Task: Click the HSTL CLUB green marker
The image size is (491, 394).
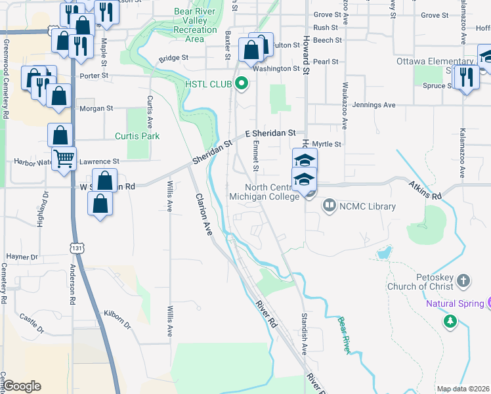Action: click(x=242, y=83)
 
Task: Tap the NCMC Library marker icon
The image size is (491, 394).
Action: click(x=329, y=206)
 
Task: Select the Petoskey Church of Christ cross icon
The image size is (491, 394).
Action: click(x=463, y=281)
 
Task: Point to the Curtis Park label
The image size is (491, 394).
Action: click(x=137, y=136)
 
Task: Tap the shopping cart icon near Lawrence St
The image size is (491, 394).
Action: click(x=64, y=158)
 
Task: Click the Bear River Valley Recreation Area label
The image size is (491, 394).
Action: click(x=195, y=25)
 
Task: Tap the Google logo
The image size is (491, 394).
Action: click(x=22, y=386)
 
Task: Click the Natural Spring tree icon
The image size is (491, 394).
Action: click(x=450, y=320)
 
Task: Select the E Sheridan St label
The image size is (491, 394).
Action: click(x=271, y=133)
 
